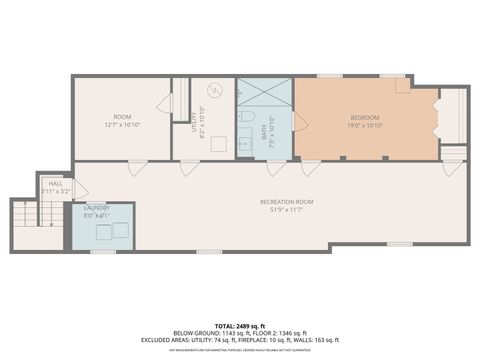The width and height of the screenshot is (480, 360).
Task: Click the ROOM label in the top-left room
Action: pos(121,117)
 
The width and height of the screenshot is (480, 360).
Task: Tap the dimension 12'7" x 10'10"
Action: pos(121,125)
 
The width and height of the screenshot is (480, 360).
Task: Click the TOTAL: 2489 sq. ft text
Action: pos(240,326)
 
